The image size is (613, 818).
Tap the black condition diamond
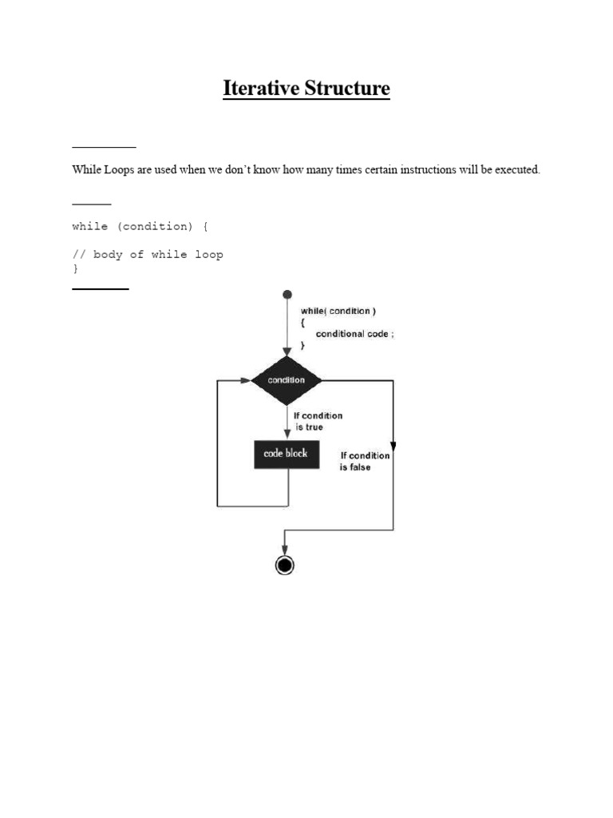[286, 380]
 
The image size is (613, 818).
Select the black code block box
[286, 454]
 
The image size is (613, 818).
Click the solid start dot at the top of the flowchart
[287, 296]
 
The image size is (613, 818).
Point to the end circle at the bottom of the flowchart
[285, 566]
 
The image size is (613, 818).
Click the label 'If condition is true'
[318, 421]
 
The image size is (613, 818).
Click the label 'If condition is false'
[365, 461]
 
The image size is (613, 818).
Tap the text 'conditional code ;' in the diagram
[354, 334]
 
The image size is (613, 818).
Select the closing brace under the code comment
[76, 269]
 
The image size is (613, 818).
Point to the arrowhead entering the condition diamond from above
[287, 351]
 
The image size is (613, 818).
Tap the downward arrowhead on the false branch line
[393, 445]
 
